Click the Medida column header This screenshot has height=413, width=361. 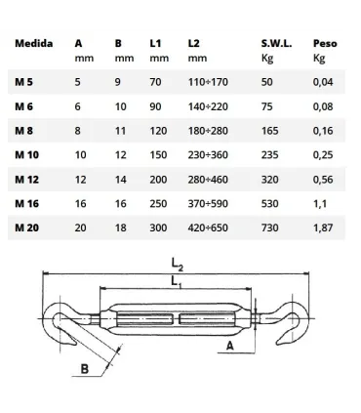(x=34, y=43)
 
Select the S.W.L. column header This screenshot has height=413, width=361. (x=276, y=43)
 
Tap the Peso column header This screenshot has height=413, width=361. (x=325, y=43)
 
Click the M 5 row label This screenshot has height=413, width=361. (x=23, y=82)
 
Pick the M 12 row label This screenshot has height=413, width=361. (x=26, y=180)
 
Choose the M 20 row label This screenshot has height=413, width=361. (x=26, y=227)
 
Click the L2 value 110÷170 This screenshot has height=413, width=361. (x=208, y=82)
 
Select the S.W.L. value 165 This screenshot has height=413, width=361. (x=270, y=131)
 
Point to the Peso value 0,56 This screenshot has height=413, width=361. (x=323, y=180)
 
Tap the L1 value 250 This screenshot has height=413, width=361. (x=158, y=204)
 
